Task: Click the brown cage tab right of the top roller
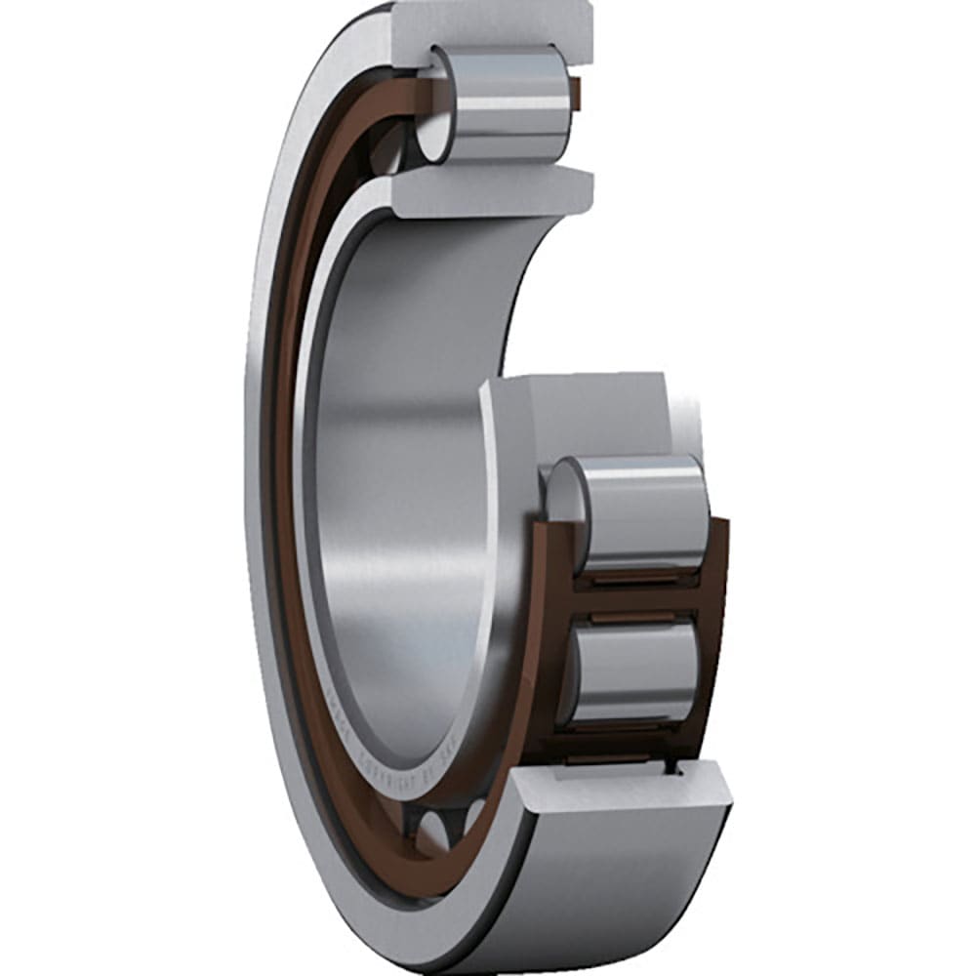(577, 93)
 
